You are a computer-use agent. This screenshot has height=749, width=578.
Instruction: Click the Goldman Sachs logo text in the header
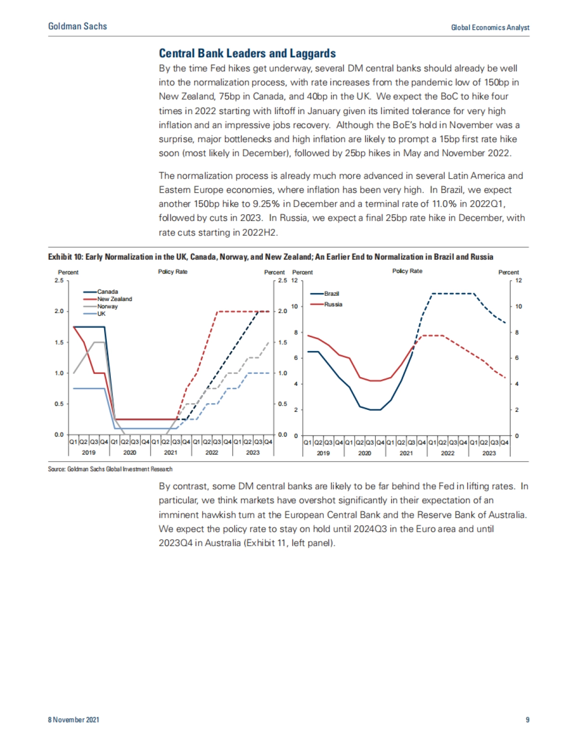(x=78, y=26)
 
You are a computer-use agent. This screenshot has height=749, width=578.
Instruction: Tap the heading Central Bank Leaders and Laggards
(x=247, y=53)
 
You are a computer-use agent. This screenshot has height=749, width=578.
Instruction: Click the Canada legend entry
(x=107, y=291)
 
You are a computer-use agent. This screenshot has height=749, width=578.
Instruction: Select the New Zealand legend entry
(x=114, y=299)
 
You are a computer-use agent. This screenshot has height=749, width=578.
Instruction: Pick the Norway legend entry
(x=107, y=306)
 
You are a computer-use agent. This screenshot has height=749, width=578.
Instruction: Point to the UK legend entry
(x=101, y=314)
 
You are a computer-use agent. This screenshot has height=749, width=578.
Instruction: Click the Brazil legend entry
(x=331, y=293)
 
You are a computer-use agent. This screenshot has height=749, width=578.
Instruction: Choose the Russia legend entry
(x=333, y=304)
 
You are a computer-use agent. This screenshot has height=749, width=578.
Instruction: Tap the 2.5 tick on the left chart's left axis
(x=59, y=280)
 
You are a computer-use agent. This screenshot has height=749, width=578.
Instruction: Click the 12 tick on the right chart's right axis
(x=519, y=280)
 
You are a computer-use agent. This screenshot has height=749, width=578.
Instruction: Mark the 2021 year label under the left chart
(x=171, y=453)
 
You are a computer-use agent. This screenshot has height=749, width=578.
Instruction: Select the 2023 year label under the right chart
(x=489, y=453)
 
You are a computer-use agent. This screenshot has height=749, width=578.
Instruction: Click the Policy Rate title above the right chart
(x=407, y=271)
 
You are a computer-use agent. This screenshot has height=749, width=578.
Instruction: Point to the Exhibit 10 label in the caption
(x=66, y=257)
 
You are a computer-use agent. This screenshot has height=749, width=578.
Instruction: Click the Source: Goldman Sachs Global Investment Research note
(x=110, y=469)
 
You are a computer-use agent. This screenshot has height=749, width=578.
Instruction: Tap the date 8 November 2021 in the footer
(x=73, y=720)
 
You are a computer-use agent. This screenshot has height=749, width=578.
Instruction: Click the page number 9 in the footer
(x=527, y=720)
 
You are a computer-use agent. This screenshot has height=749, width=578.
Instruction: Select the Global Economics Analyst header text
(x=490, y=27)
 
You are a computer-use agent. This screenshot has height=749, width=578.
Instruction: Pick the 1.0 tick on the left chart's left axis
(x=59, y=373)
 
